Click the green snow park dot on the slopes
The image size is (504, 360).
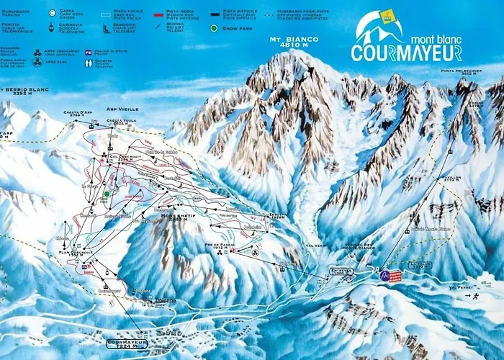(x=106, y=193)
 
